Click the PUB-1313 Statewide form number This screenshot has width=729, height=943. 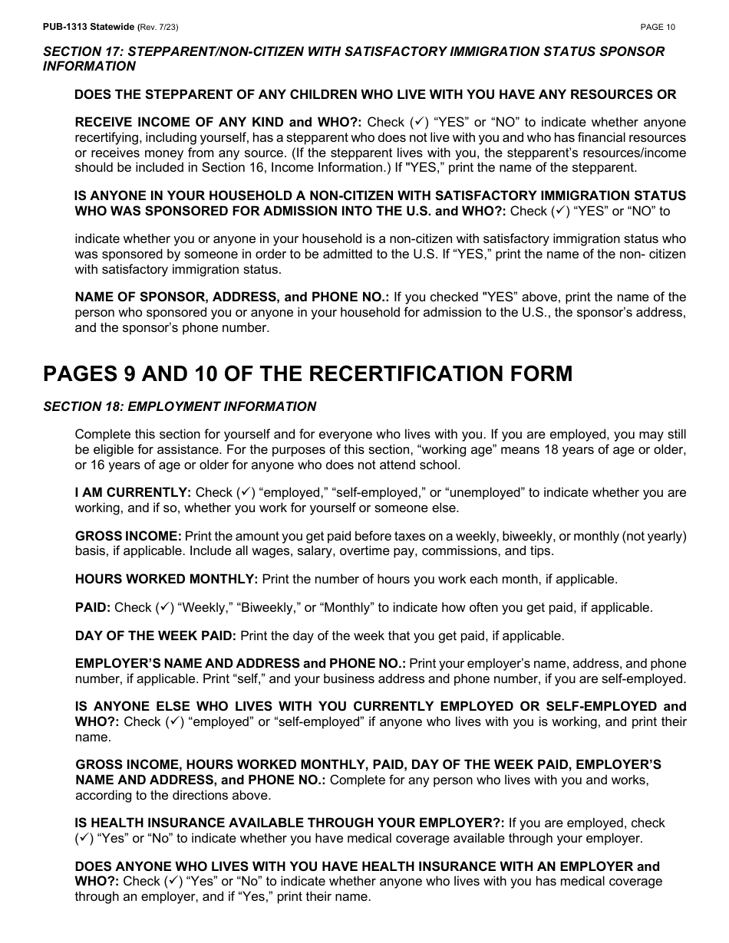(88, 27)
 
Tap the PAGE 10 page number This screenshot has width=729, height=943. (658, 27)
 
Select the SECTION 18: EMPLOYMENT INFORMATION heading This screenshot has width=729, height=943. (180, 406)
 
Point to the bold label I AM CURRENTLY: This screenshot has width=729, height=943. (133, 492)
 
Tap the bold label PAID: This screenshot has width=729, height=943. (93, 607)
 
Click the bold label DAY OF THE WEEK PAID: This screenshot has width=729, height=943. (156, 636)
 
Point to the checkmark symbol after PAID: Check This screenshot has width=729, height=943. (163, 607)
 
